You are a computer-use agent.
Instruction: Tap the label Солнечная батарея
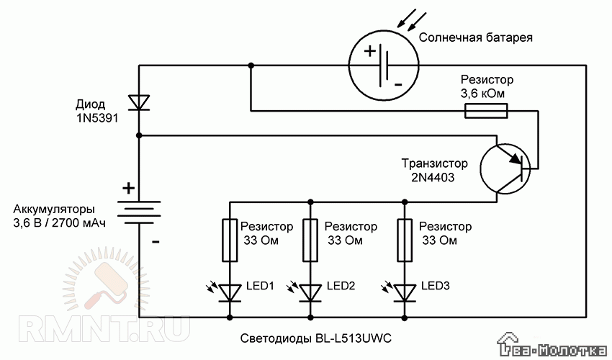[475, 37]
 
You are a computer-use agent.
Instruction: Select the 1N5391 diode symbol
[139, 102]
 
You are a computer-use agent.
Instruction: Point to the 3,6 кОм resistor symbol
[487, 110]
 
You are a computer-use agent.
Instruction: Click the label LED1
[262, 285]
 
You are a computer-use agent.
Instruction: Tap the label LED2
[342, 285]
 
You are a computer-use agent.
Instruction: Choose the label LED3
[436, 285]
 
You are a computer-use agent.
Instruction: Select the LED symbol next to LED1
[230, 292]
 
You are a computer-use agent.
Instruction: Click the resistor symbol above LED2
[311, 240]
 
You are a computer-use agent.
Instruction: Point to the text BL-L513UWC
[349, 337]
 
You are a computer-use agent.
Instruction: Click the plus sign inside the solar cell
[369, 51]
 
